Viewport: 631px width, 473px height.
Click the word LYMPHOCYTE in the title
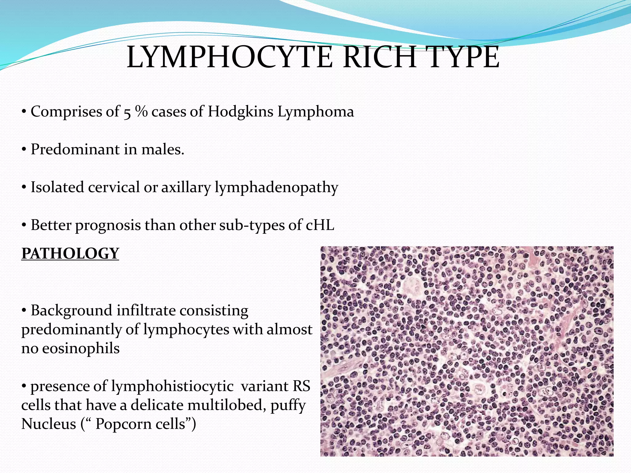point(230,58)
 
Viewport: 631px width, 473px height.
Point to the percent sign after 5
point(141,111)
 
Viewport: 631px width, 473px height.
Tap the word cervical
point(114,187)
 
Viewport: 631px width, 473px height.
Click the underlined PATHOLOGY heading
point(70,253)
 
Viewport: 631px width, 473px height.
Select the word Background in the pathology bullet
point(71,310)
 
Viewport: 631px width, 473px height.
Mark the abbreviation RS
point(301,386)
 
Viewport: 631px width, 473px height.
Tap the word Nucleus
point(48,424)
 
